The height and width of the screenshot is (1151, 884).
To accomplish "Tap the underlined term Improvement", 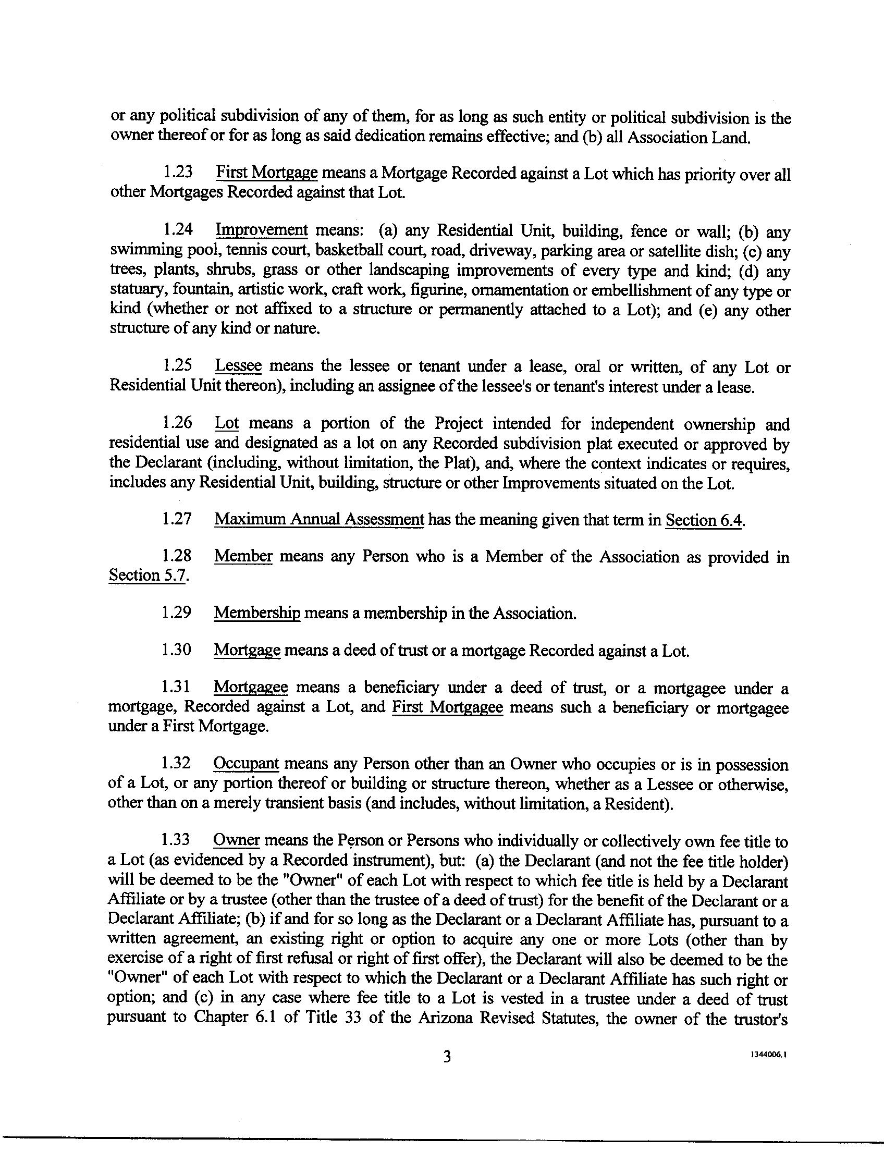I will tap(262, 230).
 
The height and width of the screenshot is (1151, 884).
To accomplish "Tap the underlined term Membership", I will tap(257, 613).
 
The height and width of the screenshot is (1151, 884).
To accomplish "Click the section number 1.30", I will tap(176, 651).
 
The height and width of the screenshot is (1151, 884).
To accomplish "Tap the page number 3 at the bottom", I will tap(447, 1056).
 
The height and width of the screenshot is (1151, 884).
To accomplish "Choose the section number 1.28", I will tap(176, 556).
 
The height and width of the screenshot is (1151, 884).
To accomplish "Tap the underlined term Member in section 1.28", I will tap(243, 556).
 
